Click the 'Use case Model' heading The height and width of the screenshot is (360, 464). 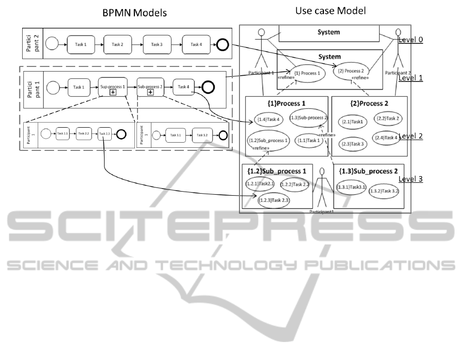330,10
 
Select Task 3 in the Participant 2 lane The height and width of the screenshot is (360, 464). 157,45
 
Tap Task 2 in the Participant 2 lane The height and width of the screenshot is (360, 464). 117,45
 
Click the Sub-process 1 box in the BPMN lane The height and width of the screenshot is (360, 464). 112,87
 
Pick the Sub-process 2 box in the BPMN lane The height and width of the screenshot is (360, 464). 150,87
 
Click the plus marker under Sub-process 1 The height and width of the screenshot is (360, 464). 112,93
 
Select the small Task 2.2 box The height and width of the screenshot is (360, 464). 83,134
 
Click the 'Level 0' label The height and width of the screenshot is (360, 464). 410,40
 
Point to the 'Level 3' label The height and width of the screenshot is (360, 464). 410,179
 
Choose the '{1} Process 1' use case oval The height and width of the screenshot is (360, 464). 308,74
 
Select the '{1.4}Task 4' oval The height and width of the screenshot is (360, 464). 269,119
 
